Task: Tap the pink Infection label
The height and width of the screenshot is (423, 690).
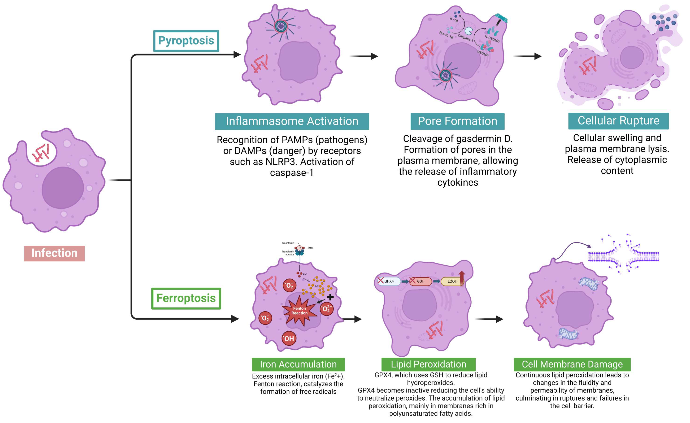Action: point(54,253)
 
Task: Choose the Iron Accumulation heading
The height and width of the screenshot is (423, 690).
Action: point(298,364)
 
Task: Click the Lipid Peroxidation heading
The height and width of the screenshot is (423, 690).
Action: point(428,364)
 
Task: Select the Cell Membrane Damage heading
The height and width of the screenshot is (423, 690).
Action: point(572,364)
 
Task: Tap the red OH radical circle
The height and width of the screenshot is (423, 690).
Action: point(289,339)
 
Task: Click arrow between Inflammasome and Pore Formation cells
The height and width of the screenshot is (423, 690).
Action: point(364,56)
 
